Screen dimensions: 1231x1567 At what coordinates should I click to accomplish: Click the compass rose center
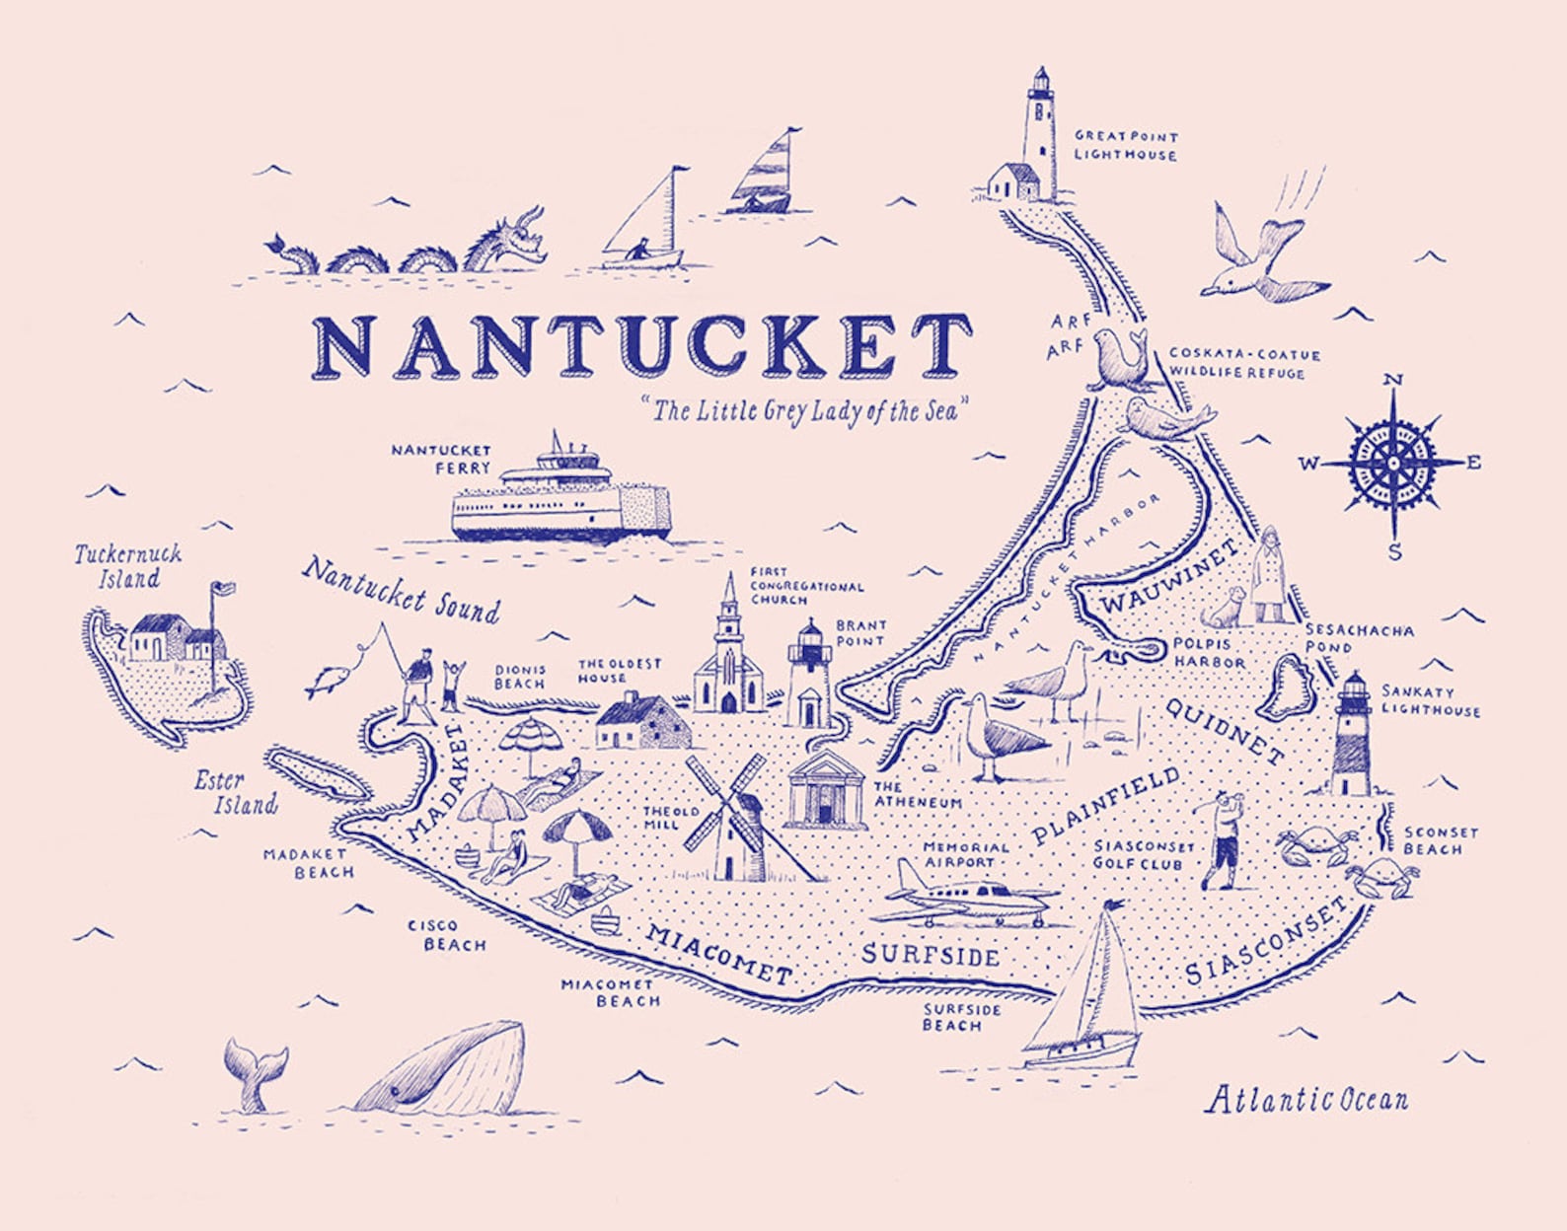click(1392, 462)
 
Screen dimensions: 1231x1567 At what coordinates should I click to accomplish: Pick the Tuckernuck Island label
click(127, 566)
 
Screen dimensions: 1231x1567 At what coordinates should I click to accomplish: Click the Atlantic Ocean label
click(1306, 1099)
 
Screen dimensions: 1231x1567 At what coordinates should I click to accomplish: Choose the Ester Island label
click(233, 793)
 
